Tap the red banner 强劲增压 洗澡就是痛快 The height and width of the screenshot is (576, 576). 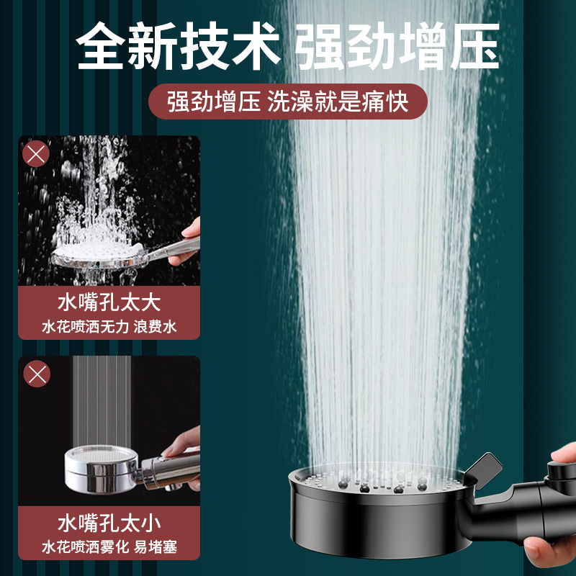coord(288,102)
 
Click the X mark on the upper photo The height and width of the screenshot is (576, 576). coord(37,155)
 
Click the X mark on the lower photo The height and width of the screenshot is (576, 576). coord(37,374)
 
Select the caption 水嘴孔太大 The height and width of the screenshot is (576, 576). coord(109,302)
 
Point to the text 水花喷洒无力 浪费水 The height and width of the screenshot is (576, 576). coord(109,328)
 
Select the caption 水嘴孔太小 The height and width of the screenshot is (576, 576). coord(109,521)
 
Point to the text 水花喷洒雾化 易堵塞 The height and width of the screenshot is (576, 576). coord(109,547)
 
